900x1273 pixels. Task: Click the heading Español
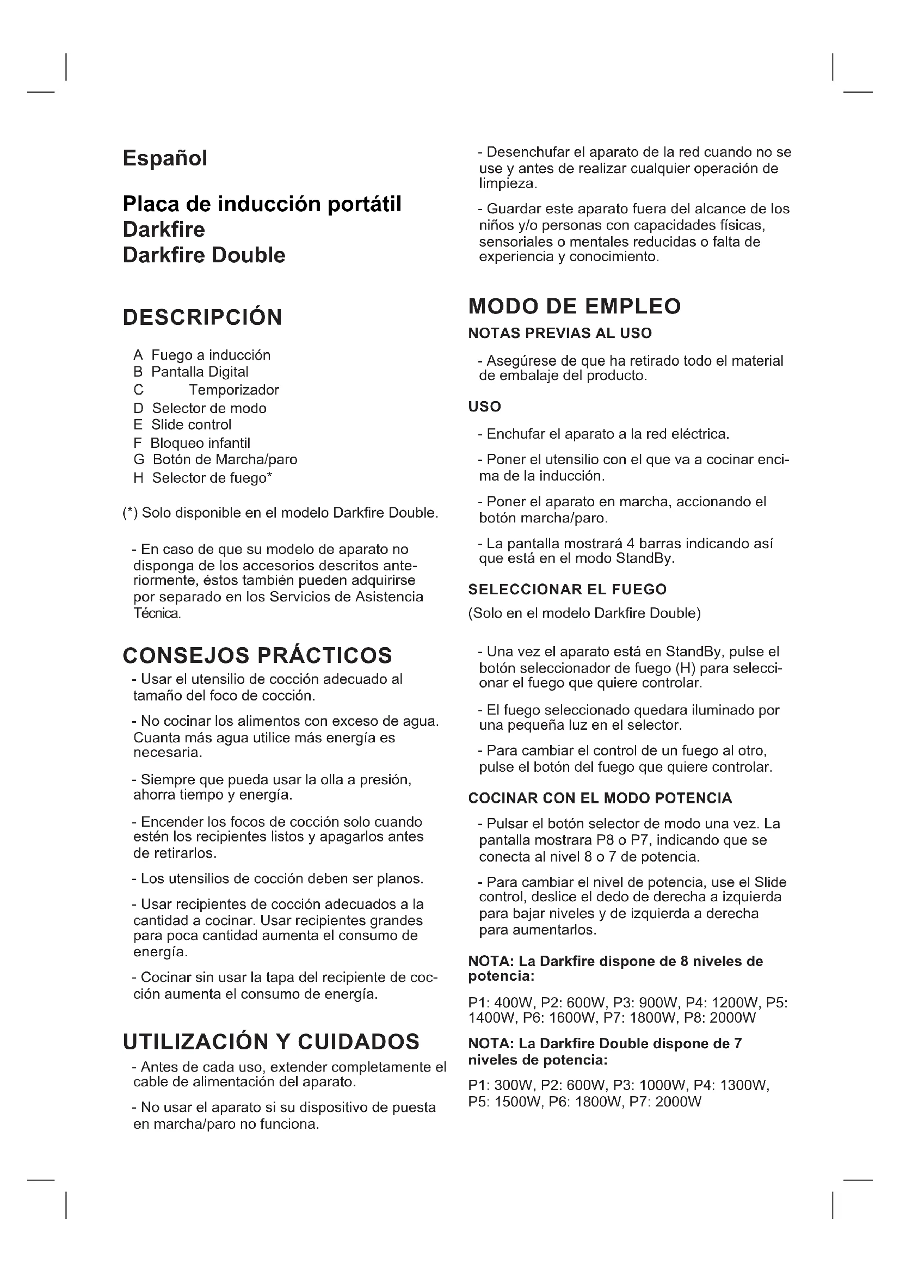(164, 158)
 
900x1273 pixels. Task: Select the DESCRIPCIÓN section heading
(202, 318)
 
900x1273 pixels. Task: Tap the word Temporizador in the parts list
(233, 390)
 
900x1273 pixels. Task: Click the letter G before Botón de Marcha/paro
(139, 460)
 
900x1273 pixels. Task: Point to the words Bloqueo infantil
(200, 443)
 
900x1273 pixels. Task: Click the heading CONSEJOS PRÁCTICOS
(257, 655)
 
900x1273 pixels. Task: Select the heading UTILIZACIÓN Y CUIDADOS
(271, 1042)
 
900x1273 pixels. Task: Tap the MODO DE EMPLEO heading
(574, 306)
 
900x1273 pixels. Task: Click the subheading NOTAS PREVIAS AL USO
(560, 333)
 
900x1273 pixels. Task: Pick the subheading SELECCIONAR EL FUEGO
(567, 589)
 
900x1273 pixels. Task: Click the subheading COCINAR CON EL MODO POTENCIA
(600, 798)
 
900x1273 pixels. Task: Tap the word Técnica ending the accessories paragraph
(157, 614)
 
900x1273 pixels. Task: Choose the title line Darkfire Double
(204, 256)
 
